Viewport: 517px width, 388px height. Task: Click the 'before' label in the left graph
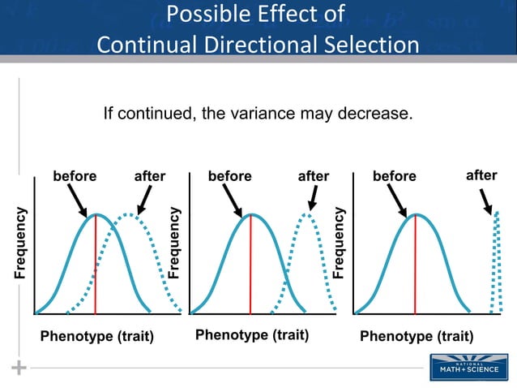pos(74,176)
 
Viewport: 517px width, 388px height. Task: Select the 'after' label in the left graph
pos(149,176)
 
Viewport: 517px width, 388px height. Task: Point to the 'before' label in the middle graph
pos(229,176)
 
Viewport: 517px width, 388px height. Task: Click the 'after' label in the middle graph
pos(314,176)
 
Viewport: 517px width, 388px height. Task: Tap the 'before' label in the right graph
pos(394,176)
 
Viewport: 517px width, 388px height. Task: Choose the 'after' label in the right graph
pos(481,175)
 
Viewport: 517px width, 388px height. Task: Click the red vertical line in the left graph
pos(96,268)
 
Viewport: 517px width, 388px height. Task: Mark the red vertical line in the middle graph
pos(250,268)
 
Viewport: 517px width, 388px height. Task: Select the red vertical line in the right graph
pos(415,268)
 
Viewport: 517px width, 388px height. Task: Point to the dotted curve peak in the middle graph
pos(306,214)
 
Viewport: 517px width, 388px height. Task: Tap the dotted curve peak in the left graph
pos(126,215)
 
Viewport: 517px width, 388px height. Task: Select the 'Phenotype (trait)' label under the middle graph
pos(252,334)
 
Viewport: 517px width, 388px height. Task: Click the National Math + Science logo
pos(464,366)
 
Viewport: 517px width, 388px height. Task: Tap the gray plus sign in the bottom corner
pos(19,368)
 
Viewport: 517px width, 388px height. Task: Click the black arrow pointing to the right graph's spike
pos(486,200)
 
